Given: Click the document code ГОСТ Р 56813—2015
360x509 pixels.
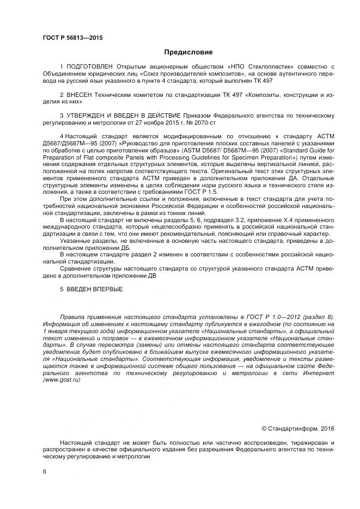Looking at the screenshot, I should click(x=72, y=38).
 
